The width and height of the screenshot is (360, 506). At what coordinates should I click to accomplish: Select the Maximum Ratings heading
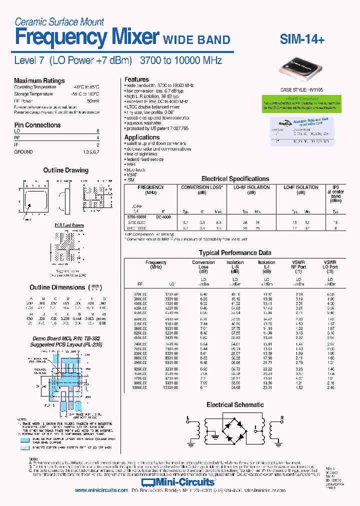click(x=39, y=80)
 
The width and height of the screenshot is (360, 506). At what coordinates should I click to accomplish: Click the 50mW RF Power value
click(x=93, y=100)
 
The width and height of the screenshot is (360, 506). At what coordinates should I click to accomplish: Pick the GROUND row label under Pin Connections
click(x=23, y=151)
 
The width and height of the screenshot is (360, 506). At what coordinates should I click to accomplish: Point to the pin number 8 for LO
click(x=97, y=131)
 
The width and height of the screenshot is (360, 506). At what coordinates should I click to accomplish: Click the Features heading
click(x=136, y=79)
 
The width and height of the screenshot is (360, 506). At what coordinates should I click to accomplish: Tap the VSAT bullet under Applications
click(x=131, y=174)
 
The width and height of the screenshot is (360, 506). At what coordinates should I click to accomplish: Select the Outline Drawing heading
click(x=65, y=170)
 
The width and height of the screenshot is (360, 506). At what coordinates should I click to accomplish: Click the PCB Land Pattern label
click(x=69, y=225)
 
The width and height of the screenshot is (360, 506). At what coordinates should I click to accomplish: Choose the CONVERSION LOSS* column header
click(x=201, y=187)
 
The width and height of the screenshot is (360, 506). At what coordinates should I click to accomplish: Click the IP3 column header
click(x=335, y=187)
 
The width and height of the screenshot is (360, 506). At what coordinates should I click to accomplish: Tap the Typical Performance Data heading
click(x=235, y=253)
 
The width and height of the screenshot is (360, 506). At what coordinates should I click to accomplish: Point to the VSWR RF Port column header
click(x=298, y=265)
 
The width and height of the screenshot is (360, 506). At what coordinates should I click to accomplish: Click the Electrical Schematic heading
click(x=235, y=405)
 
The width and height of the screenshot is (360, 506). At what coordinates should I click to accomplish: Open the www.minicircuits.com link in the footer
click(x=101, y=490)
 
